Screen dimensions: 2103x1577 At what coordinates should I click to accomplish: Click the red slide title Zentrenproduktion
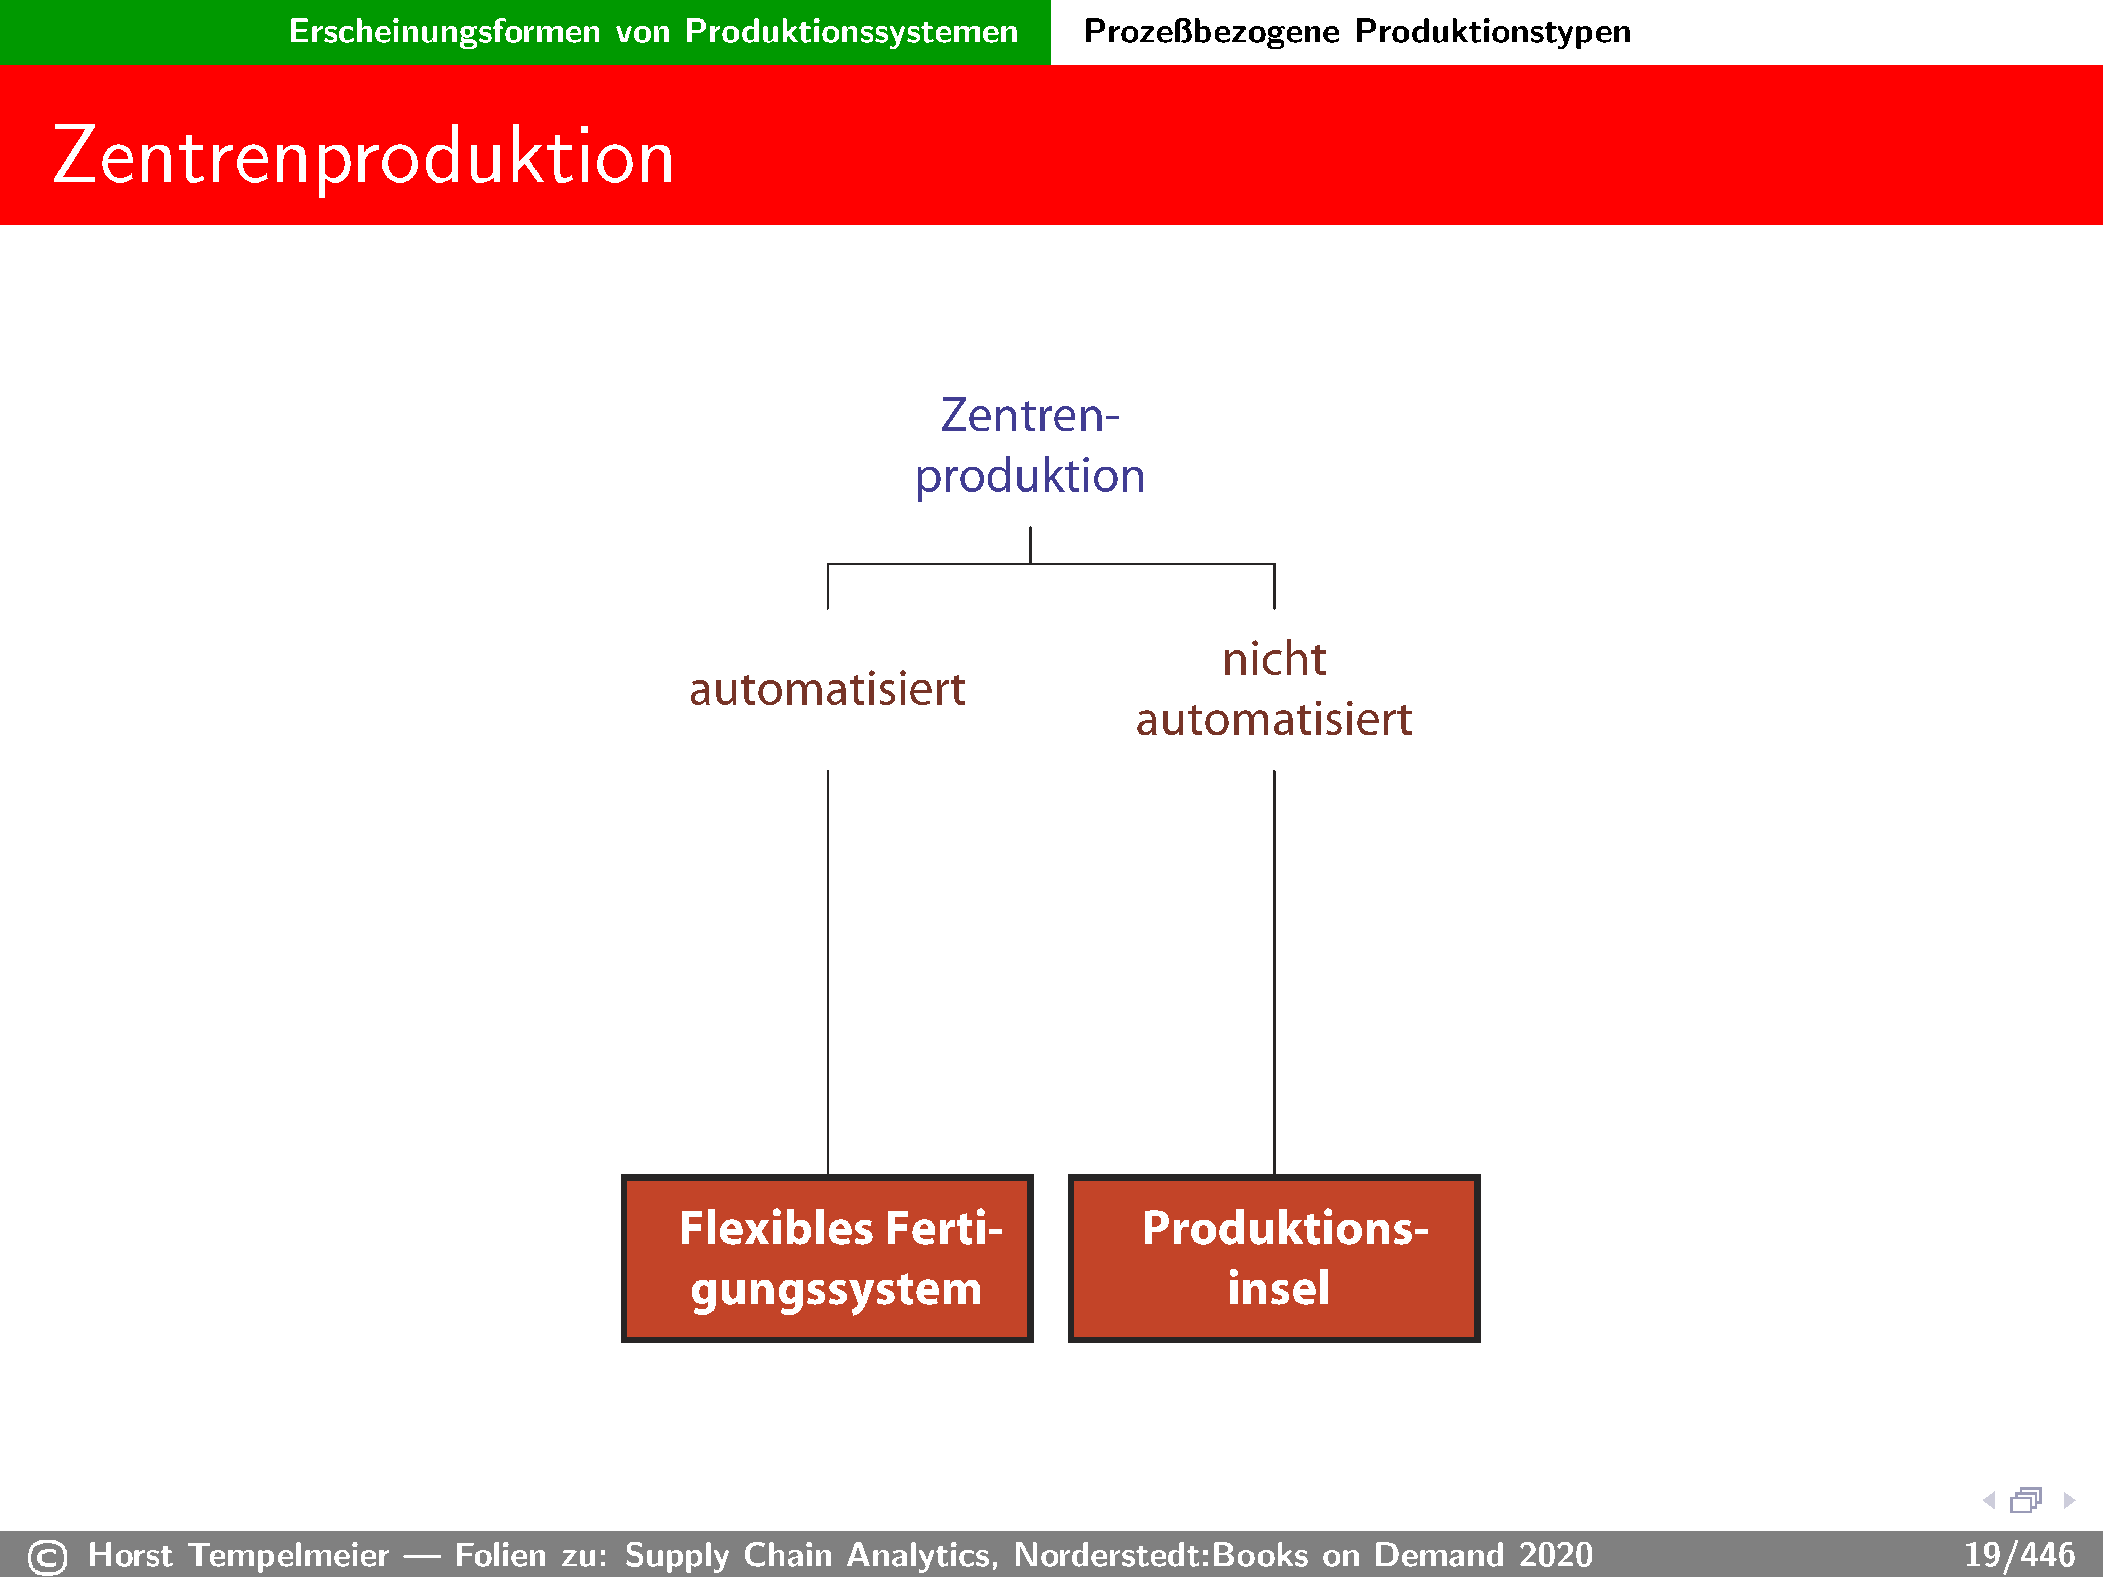(x=363, y=157)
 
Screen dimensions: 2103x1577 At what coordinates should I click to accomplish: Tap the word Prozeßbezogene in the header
(x=1211, y=31)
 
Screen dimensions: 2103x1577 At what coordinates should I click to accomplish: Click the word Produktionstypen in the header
(x=1493, y=31)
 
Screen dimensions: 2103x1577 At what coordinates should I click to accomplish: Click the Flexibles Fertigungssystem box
(x=827, y=1257)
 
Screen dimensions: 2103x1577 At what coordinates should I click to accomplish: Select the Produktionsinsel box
(x=1274, y=1257)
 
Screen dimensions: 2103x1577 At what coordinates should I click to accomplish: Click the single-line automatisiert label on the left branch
(x=827, y=689)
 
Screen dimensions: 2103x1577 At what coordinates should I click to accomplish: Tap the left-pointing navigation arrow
(x=1988, y=1500)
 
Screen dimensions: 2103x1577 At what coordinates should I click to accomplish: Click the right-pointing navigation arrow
(x=2069, y=1500)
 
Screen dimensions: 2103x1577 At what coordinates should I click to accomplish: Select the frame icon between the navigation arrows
(x=2026, y=1500)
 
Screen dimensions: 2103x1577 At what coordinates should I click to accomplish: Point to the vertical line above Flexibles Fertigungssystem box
(x=827, y=972)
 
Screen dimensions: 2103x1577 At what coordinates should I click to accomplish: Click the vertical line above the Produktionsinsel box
(x=1274, y=972)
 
